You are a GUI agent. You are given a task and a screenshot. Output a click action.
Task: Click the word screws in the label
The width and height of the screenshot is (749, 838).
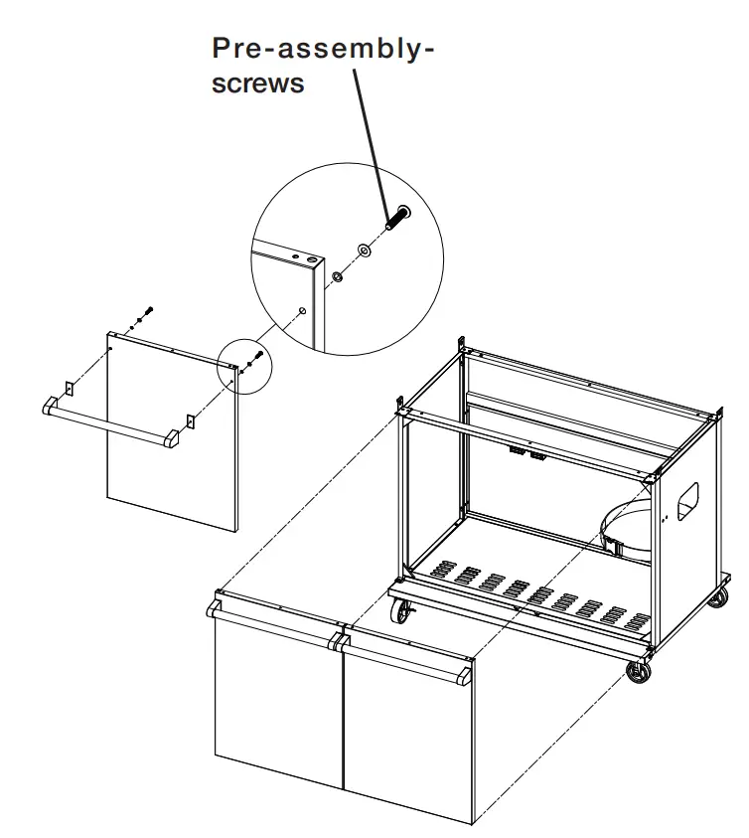pyautogui.click(x=258, y=84)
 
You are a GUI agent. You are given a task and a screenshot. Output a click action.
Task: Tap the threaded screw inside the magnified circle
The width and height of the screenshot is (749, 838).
pyautogui.click(x=396, y=217)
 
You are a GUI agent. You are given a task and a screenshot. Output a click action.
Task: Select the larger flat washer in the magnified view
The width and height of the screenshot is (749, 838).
pyautogui.click(x=365, y=251)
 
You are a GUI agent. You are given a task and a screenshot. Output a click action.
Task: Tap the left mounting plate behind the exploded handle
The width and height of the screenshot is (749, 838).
pyautogui.click(x=69, y=389)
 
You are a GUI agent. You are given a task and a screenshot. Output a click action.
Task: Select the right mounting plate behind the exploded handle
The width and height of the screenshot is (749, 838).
pyautogui.click(x=189, y=420)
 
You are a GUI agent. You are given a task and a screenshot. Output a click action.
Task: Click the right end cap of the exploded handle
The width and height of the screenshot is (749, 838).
pyautogui.click(x=173, y=438)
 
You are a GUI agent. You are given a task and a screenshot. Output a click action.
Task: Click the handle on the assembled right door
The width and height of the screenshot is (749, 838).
pyautogui.click(x=402, y=661)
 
